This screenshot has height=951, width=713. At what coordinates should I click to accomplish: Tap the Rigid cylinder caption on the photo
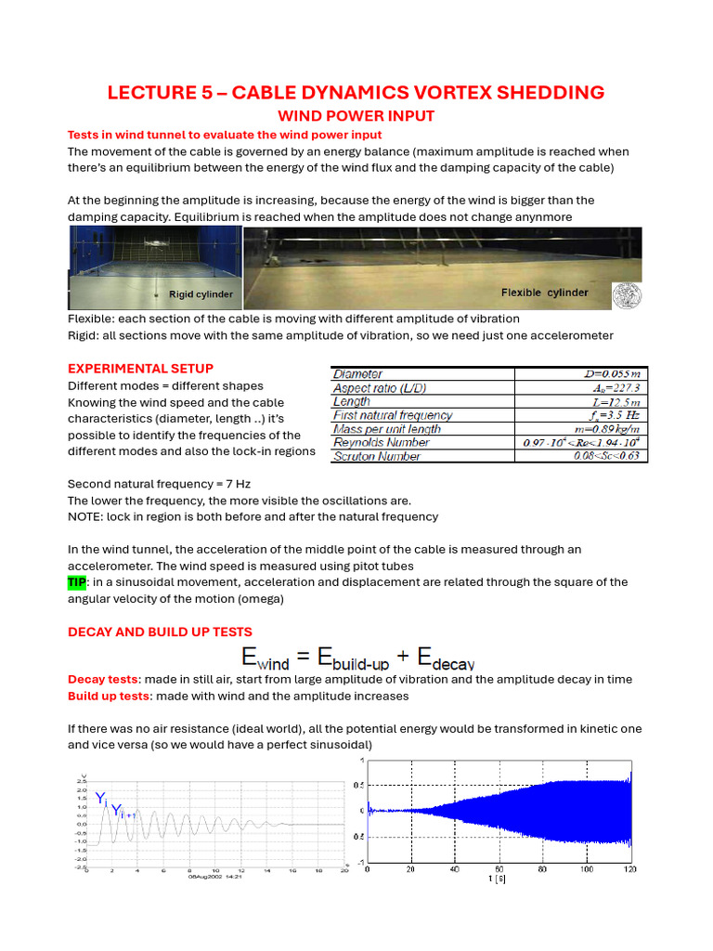coord(201,294)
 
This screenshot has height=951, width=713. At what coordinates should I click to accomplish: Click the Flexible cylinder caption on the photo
coord(544,293)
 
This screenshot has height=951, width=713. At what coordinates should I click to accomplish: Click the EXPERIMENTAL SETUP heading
coord(140,369)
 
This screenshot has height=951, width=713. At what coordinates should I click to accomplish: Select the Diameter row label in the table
coord(357,374)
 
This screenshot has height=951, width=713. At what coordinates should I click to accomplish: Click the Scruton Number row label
coord(376,456)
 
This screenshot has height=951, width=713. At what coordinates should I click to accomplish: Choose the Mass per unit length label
coord(387,429)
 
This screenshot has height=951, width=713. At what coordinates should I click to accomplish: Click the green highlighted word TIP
coord(77,581)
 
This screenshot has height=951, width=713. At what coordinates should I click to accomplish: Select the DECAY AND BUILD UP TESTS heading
coord(160,632)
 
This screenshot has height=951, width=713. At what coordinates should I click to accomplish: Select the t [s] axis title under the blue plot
coord(499,878)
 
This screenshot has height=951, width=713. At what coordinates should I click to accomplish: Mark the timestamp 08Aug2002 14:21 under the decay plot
coord(215,875)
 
